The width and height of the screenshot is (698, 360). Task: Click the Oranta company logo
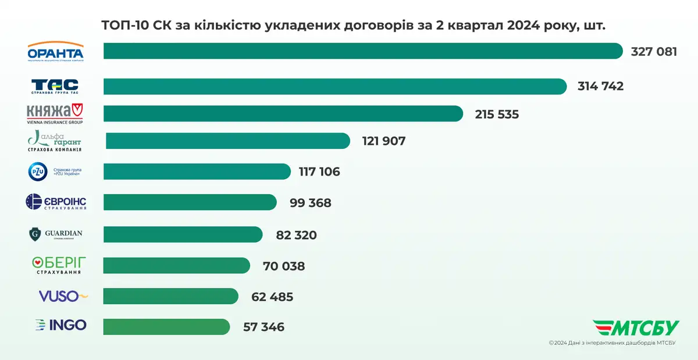click(x=56, y=51)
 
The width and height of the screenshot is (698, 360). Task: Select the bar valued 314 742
click(x=334, y=86)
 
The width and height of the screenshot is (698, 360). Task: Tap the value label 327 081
click(x=654, y=51)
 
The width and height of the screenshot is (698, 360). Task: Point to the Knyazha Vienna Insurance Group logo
click(x=55, y=113)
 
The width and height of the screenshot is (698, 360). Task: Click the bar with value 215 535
click(x=283, y=113)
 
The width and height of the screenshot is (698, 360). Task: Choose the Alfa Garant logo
click(x=55, y=141)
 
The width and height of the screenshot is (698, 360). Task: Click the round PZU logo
click(x=38, y=172)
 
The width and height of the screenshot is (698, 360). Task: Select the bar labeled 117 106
click(x=197, y=172)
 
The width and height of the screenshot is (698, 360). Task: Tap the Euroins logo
click(x=56, y=202)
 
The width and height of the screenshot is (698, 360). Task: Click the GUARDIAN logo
click(x=56, y=234)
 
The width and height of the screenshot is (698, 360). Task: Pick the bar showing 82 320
click(x=183, y=234)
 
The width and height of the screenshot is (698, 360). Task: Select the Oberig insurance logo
click(x=56, y=265)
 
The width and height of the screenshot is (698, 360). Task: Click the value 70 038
click(x=284, y=266)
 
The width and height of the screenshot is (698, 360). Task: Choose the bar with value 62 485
click(x=170, y=296)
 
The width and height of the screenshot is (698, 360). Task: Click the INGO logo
click(x=60, y=325)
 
